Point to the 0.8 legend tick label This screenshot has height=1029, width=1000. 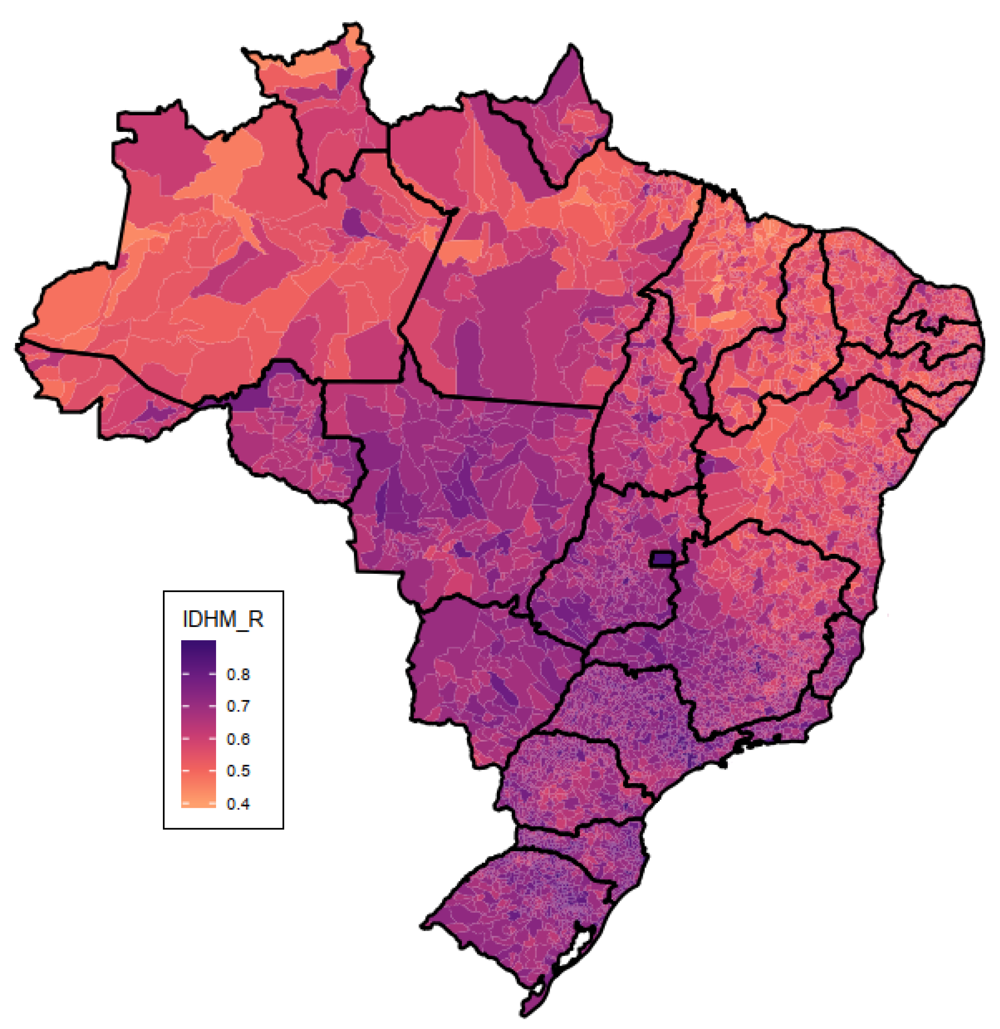(x=238, y=675)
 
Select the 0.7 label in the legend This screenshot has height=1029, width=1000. (x=238, y=707)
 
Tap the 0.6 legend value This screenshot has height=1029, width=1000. (x=238, y=739)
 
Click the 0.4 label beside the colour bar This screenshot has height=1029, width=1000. (x=238, y=804)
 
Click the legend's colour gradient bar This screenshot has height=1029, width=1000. (x=198, y=725)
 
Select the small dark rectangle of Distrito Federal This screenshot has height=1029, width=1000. (x=662, y=559)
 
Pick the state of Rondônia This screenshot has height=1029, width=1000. (x=284, y=436)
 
